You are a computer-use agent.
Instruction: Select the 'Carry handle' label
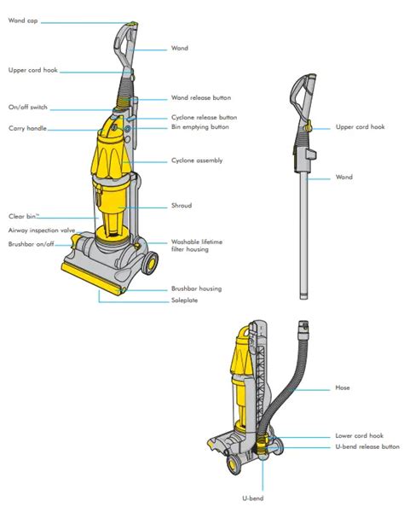[x=27, y=129]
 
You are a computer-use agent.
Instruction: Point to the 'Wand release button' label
[x=201, y=98]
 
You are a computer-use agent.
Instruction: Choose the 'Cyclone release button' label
[x=204, y=117]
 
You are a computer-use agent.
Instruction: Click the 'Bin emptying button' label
[x=200, y=127]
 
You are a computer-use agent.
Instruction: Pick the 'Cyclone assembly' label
[x=196, y=160]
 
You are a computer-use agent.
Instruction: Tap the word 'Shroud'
[x=182, y=206]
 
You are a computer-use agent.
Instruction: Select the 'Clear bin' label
[x=23, y=216]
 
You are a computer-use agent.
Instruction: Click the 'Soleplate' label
[x=184, y=300]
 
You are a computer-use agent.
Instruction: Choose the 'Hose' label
[x=342, y=388]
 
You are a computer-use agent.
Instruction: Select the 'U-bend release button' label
[x=367, y=446]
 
